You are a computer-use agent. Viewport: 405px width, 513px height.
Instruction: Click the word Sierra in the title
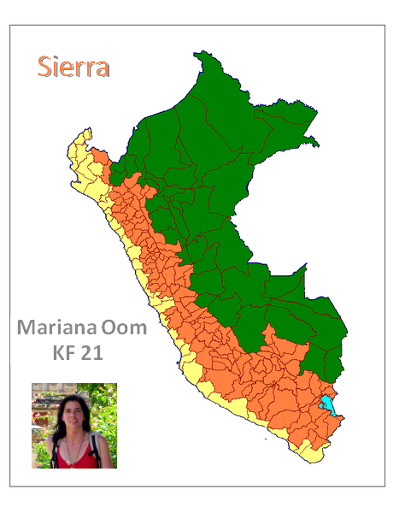73,67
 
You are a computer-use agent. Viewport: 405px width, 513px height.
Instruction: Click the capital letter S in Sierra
44,67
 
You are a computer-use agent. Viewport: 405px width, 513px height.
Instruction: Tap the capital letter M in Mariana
27,328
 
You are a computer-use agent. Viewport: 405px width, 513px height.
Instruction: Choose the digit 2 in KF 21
87,352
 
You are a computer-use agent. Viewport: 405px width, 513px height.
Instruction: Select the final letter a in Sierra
102,68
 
